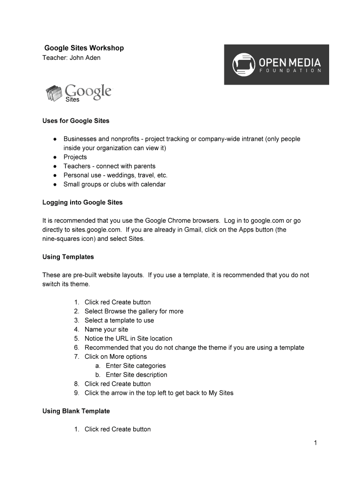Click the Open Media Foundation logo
(x=276, y=65)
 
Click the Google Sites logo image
(x=79, y=93)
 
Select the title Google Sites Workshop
(x=84, y=48)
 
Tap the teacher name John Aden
(x=85, y=58)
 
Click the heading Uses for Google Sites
(x=76, y=121)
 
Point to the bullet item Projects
(x=75, y=157)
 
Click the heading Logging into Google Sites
(x=82, y=203)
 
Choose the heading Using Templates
(x=68, y=257)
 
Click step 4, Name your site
(x=106, y=329)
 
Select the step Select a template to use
(x=119, y=320)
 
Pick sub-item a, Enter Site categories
(x=136, y=366)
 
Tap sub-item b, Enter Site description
(x=137, y=375)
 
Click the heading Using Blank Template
(x=76, y=411)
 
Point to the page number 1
(x=316, y=443)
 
